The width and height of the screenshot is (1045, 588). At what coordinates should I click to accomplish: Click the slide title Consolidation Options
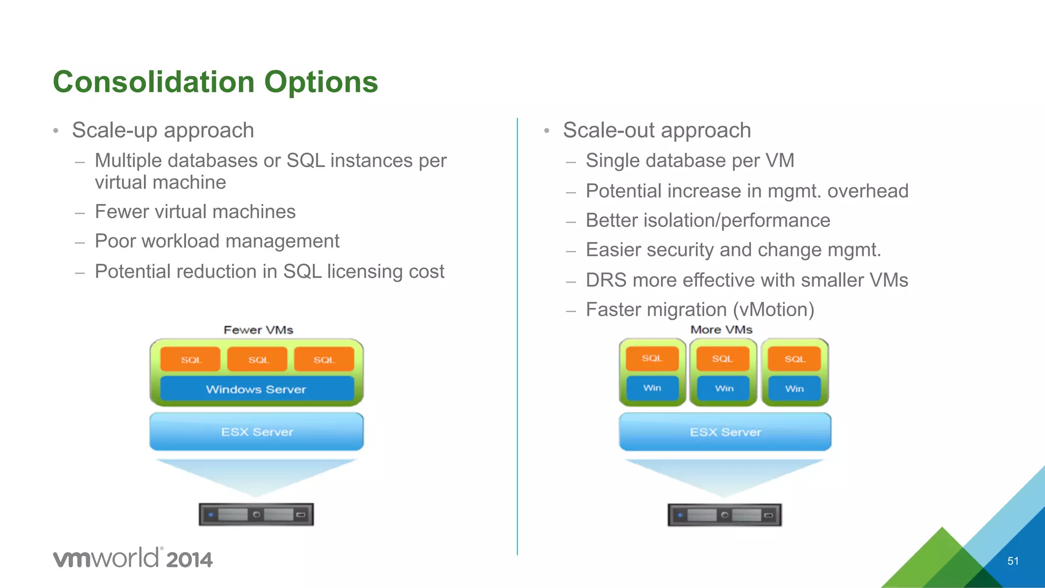click(215, 82)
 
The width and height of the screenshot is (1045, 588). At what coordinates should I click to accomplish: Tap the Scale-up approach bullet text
click(163, 131)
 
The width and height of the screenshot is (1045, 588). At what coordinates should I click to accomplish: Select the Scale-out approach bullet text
click(657, 131)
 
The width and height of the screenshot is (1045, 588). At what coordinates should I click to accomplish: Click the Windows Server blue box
click(256, 389)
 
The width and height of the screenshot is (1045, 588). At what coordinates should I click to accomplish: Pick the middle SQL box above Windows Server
click(258, 360)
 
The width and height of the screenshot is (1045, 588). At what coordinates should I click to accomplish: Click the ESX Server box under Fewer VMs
click(257, 432)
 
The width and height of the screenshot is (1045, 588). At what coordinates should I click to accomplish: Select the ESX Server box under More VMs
click(725, 432)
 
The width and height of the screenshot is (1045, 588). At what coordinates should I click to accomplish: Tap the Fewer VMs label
click(258, 330)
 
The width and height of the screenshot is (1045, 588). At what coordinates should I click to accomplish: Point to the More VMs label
click(721, 329)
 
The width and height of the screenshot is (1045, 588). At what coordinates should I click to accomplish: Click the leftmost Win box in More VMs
click(652, 388)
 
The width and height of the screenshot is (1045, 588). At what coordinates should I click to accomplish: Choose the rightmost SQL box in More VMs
click(794, 359)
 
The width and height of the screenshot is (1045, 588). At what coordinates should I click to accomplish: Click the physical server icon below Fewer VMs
click(256, 515)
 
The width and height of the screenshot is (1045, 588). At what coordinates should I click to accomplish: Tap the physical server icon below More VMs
click(725, 515)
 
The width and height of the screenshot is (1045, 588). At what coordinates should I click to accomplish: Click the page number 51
click(1013, 561)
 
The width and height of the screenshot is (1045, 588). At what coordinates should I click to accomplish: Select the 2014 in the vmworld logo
click(189, 560)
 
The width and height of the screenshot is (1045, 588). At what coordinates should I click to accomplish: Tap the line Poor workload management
click(217, 241)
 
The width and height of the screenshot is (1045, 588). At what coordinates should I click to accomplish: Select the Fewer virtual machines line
click(195, 212)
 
